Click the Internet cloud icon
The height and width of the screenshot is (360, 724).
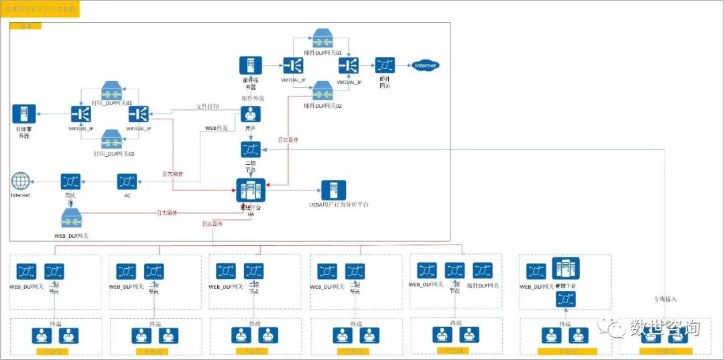coord(426,66)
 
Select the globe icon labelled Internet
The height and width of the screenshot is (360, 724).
coord(21,182)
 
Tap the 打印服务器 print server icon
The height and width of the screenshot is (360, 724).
coord(23,114)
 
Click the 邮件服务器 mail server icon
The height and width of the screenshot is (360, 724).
coord(251,66)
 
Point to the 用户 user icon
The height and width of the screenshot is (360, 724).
coord(251,114)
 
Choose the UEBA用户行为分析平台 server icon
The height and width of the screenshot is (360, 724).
coord(333,190)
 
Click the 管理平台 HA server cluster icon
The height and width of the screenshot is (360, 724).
coord(251,190)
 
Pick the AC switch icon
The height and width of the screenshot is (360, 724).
coord(127,182)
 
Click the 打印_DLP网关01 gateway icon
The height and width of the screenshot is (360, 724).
coord(111,91)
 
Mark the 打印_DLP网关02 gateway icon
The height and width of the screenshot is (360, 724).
coord(111,141)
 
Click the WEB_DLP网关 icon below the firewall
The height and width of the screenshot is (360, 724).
coord(71,220)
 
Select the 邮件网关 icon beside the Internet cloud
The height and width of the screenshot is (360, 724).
coord(385,66)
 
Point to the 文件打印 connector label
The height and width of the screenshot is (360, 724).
coord(208,107)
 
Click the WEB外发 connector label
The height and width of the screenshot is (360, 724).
coord(216,127)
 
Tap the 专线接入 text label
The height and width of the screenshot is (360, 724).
coord(666,298)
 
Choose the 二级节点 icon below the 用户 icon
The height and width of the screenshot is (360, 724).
coord(251,150)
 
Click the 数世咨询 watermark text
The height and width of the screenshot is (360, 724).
coord(664,328)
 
